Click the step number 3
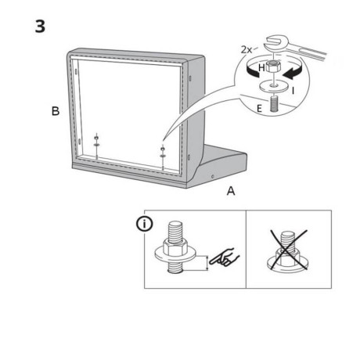click(40, 27)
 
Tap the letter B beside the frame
click(56, 111)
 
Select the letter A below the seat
click(231, 191)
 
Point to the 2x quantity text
click(247, 49)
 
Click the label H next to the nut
click(261, 68)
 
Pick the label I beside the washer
click(293, 91)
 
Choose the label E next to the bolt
click(259, 109)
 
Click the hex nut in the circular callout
click(272, 67)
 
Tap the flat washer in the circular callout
click(274, 86)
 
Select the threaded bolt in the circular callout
click(274, 104)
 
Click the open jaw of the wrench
click(275, 44)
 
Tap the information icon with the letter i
click(145, 224)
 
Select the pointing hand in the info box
click(225, 257)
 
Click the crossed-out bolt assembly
click(288, 250)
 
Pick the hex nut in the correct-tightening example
click(175, 247)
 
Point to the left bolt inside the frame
click(96, 146)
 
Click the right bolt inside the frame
click(163, 157)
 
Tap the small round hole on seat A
click(212, 177)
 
